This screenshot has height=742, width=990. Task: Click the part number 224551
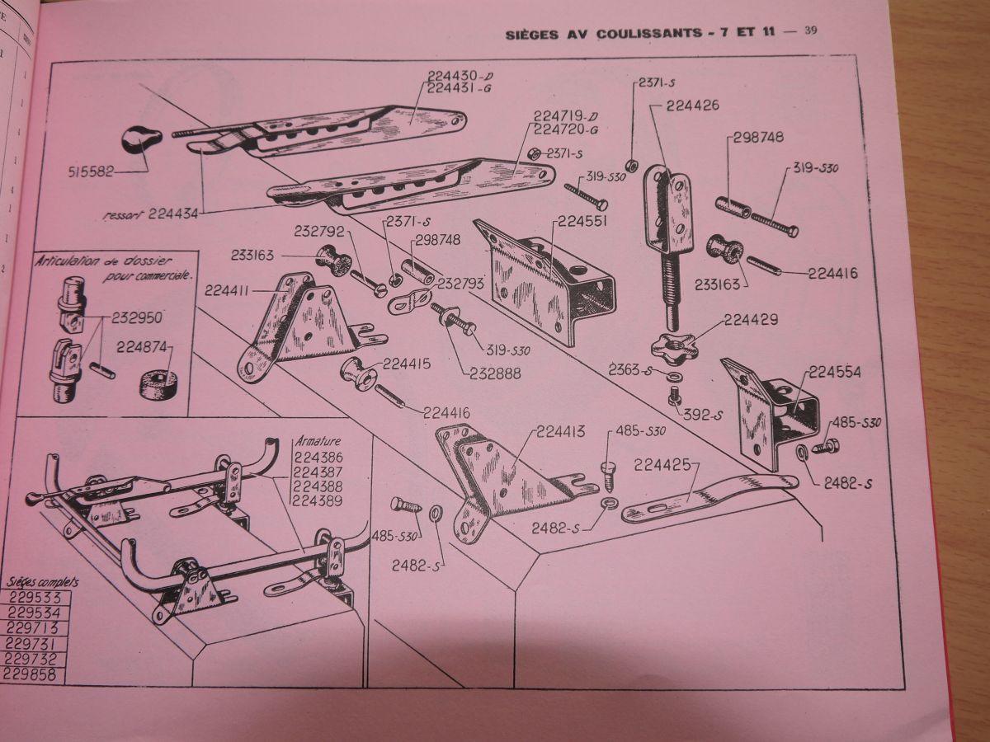click(582, 222)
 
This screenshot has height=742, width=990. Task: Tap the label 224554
click(834, 372)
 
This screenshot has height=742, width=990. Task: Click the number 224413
click(561, 430)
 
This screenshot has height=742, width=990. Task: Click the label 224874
click(144, 346)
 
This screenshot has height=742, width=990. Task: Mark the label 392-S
click(701, 416)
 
